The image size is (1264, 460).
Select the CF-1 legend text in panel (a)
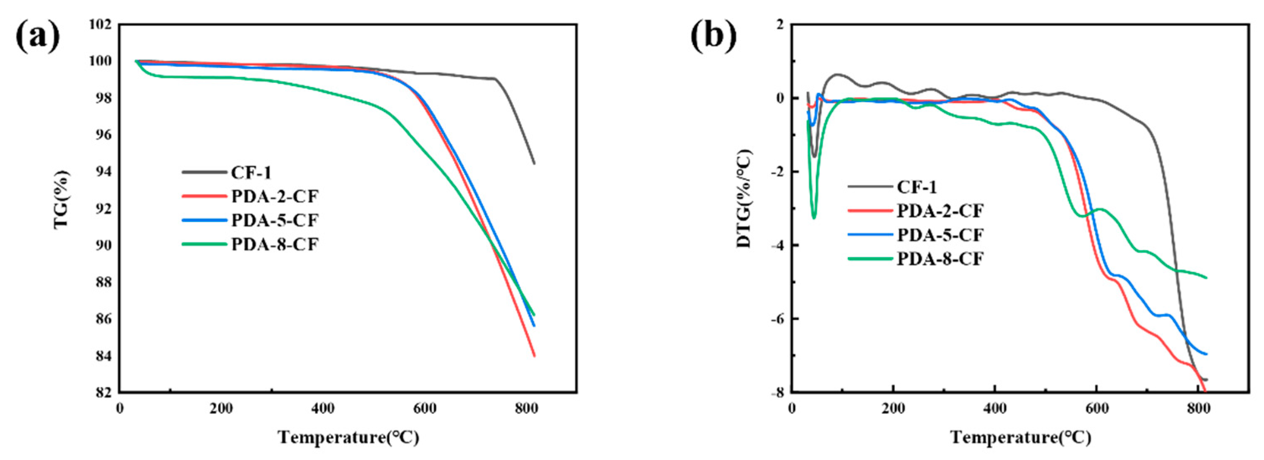pyautogui.click(x=251, y=172)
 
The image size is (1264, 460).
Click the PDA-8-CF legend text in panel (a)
pyautogui.click(x=275, y=244)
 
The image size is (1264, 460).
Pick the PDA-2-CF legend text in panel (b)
pyautogui.click(x=940, y=211)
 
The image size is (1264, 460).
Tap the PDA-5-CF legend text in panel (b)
pyautogui.click(x=940, y=234)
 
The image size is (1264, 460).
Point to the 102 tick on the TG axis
pyautogui.click(x=100, y=25)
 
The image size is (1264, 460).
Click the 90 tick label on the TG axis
pyautogui.click(x=103, y=245)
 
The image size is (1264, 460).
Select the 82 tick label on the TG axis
pyautogui.click(x=103, y=392)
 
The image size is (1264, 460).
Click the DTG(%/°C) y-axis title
pyautogui.click(x=744, y=199)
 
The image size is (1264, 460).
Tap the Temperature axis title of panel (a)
pyautogui.click(x=348, y=437)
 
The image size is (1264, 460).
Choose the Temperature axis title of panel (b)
pyautogui.click(x=1021, y=437)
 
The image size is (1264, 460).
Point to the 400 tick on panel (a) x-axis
pyautogui.click(x=323, y=409)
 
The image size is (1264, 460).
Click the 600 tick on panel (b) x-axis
pyautogui.click(x=1096, y=409)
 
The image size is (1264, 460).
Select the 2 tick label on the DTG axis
pyautogui.click(x=780, y=25)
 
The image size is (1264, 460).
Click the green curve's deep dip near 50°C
pyautogui.click(x=814, y=217)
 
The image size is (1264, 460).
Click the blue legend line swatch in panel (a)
pyautogui.click(x=203, y=220)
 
